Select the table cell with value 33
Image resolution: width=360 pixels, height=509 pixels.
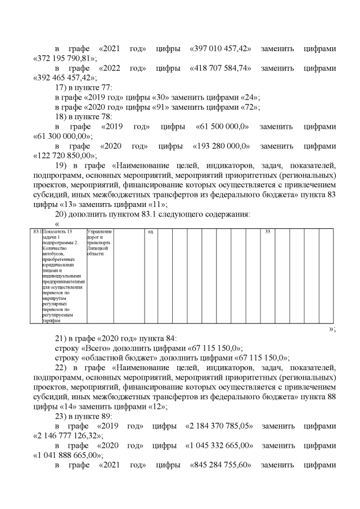[x=267, y=232]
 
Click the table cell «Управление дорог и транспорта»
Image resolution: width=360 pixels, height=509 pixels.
[x=100, y=242]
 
